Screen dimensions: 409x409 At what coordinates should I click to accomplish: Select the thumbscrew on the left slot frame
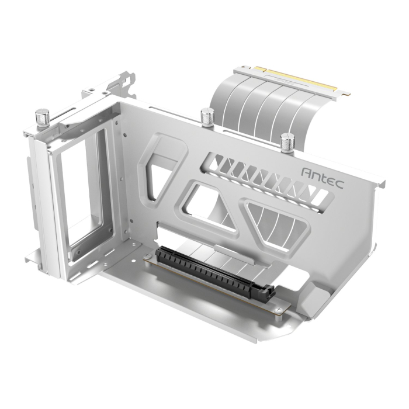click(x=41, y=117)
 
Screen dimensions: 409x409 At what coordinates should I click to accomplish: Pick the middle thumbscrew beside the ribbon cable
click(x=206, y=117)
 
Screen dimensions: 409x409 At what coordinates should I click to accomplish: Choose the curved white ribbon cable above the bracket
click(x=257, y=102)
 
